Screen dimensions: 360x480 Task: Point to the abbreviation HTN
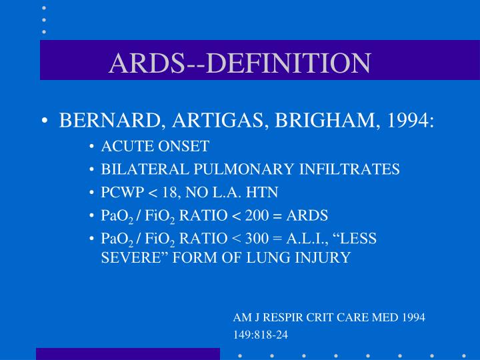(262, 193)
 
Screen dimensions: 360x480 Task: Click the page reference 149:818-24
(261, 334)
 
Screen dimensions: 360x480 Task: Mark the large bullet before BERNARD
(44, 123)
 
